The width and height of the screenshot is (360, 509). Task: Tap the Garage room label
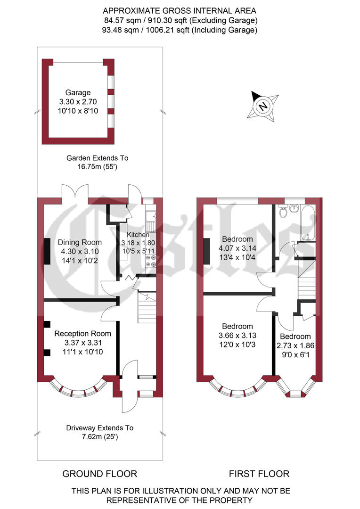(x=78, y=93)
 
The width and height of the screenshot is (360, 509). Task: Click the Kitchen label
(x=138, y=235)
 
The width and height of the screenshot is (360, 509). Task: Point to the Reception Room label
(x=82, y=334)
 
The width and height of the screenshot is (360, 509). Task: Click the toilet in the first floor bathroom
(x=284, y=212)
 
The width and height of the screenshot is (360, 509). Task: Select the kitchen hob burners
(x=151, y=261)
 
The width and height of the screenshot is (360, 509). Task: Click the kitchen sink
(x=151, y=216)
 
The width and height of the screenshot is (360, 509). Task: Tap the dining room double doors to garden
(x=74, y=192)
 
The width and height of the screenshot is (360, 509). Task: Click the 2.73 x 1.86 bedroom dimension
(x=295, y=345)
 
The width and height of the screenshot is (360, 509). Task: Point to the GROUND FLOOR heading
(x=99, y=474)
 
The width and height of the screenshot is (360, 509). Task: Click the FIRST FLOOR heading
(x=259, y=474)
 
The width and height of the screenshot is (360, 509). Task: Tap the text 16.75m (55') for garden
(x=97, y=167)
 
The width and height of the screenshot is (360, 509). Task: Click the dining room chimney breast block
(x=47, y=253)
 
